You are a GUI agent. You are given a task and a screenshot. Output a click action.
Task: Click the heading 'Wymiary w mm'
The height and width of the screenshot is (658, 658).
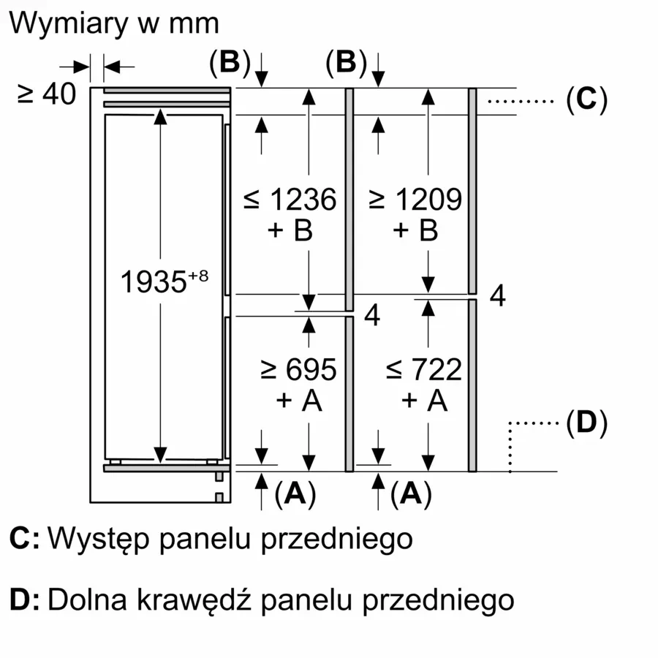(x=114, y=23)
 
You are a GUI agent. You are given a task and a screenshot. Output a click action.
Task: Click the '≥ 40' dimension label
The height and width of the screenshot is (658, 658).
(x=47, y=94)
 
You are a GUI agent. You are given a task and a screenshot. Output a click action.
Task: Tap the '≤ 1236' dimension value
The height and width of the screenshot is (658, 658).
(x=290, y=199)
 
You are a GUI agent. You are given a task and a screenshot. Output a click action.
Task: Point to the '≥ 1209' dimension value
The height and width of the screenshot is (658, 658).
(x=415, y=199)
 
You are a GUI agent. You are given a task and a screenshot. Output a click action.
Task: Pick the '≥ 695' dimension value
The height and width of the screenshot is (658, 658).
(x=298, y=369)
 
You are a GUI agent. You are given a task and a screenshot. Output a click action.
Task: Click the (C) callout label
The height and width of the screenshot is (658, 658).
(x=586, y=99)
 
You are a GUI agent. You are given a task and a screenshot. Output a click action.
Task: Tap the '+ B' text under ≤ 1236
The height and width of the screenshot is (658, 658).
(x=290, y=230)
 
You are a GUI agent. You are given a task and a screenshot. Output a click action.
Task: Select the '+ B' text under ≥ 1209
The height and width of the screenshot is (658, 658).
(x=415, y=230)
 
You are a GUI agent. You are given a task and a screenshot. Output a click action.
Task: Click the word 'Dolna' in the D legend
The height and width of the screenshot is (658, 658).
(x=75, y=600)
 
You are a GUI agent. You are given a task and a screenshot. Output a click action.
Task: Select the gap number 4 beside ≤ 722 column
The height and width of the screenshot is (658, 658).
(x=497, y=296)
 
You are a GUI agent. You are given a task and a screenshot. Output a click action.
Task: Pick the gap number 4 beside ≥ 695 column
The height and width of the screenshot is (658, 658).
(x=372, y=316)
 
